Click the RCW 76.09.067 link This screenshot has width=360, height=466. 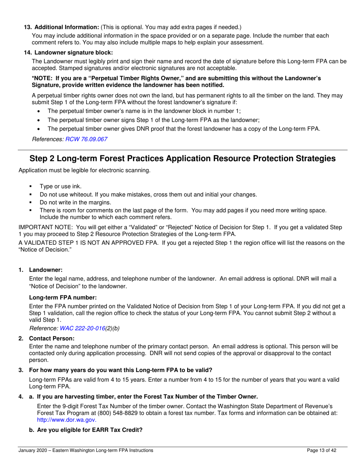[86, 139]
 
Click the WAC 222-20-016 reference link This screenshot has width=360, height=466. [82, 328]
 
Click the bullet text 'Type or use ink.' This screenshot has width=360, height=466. [60, 186]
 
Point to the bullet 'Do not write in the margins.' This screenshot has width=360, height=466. [75, 202]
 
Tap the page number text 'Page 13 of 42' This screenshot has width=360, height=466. [321, 450]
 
